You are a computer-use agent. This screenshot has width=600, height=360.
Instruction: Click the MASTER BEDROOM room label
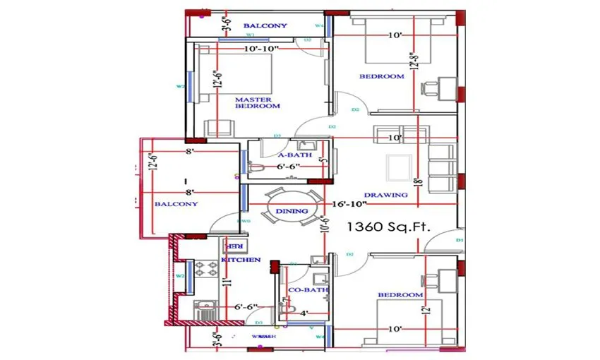257,103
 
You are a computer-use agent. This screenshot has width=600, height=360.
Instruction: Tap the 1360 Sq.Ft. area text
388,227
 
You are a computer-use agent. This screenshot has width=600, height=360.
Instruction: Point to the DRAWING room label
385,195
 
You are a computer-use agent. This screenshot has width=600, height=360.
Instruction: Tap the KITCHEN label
241,260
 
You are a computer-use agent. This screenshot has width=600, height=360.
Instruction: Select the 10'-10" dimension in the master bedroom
261,49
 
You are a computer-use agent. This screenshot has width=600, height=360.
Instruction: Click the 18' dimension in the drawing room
418,183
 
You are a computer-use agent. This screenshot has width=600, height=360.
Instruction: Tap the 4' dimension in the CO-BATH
305,313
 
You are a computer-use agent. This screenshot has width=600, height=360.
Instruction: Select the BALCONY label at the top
265,26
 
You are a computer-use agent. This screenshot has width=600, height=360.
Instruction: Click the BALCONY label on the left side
176,203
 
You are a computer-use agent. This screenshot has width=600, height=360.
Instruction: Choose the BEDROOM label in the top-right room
381,76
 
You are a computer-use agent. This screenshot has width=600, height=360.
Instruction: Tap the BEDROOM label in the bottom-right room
400,294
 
